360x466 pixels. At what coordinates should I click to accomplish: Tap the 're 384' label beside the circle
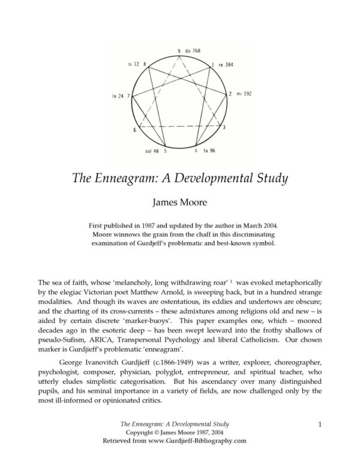click(x=225, y=64)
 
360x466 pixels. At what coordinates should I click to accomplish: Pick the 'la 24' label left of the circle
click(x=117, y=95)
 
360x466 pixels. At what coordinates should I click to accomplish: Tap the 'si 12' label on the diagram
click(x=133, y=64)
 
